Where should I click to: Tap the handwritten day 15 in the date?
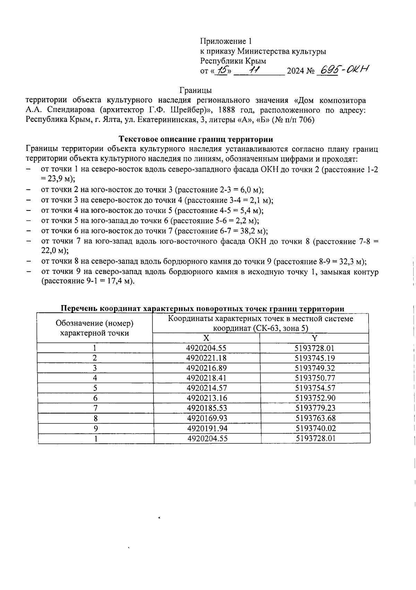click(x=220, y=71)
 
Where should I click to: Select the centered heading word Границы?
click(x=196, y=90)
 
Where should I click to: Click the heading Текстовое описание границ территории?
click(x=196, y=139)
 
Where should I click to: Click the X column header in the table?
click(x=206, y=338)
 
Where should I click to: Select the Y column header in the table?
click(x=314, y=338)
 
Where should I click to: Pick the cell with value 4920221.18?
click(x=206, y=358)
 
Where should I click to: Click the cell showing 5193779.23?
click(x=315, y=408)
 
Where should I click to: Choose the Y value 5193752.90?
click(x=315, y=398)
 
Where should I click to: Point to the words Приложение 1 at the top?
click(x=225, y=42)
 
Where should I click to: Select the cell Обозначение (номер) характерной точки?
click(x=95, y=328)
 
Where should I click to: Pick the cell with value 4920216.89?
click(x=206, y=368)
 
